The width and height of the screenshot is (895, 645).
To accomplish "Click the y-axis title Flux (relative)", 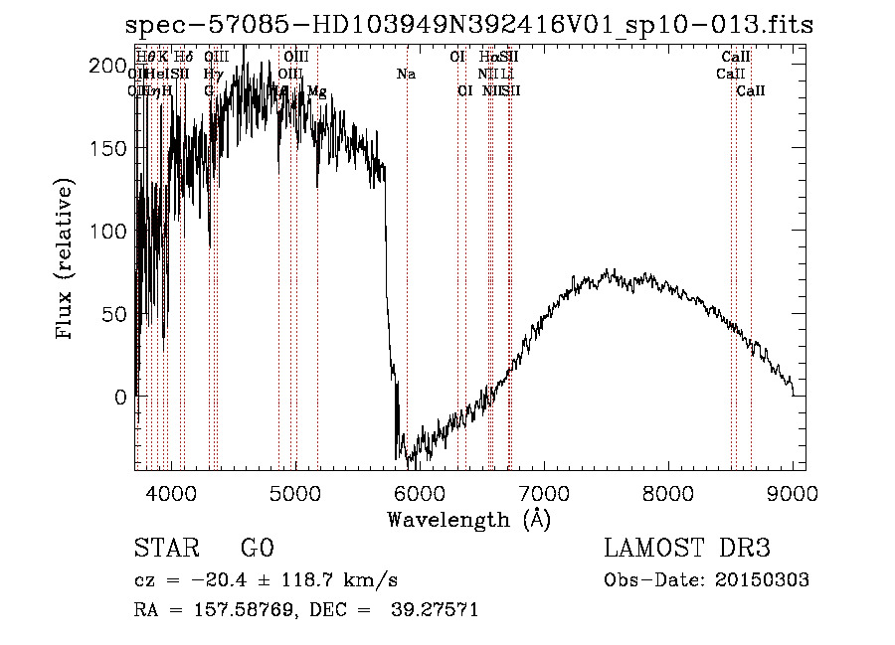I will [x=68, y=260].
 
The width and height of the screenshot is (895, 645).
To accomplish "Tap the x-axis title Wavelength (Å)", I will [x=468, y=519].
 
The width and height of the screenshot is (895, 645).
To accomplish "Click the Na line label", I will [x=406, y=75].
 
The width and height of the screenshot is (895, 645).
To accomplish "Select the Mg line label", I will [x=316, y=91].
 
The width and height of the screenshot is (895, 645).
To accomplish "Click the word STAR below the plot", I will [x=165, y=549].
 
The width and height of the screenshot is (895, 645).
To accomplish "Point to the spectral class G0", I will [x=257, y=549].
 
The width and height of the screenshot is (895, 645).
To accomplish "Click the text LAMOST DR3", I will [x=687, y=549].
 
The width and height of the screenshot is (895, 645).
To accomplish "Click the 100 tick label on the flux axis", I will [x=109, y=232].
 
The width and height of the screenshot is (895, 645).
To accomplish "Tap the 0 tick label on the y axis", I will [x=120, y=397].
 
